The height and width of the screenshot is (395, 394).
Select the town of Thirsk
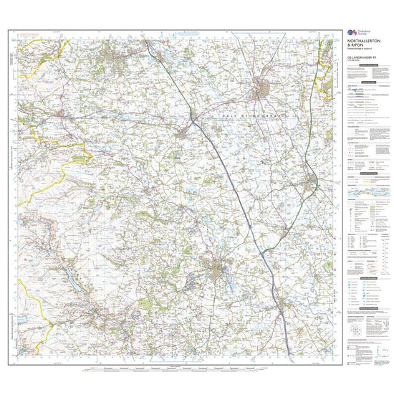tap(310, 182)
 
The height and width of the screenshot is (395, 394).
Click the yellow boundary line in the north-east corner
tap(331, 72)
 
